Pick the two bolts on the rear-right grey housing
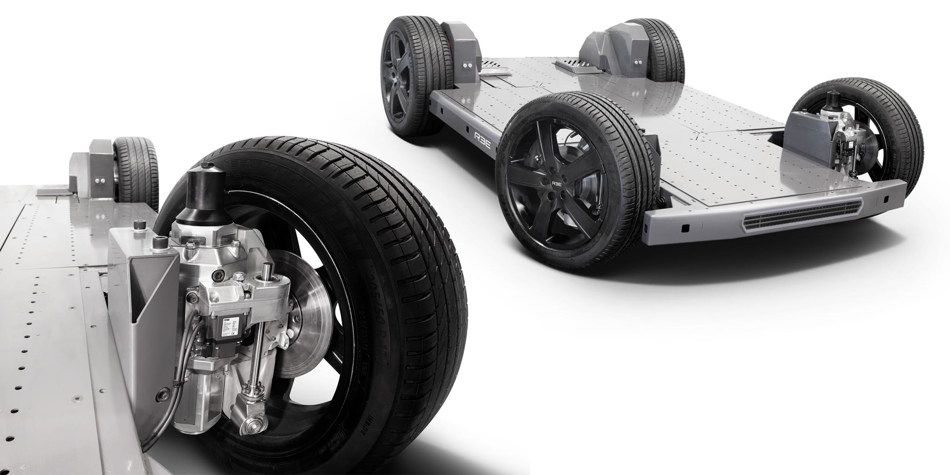point(637,64)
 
